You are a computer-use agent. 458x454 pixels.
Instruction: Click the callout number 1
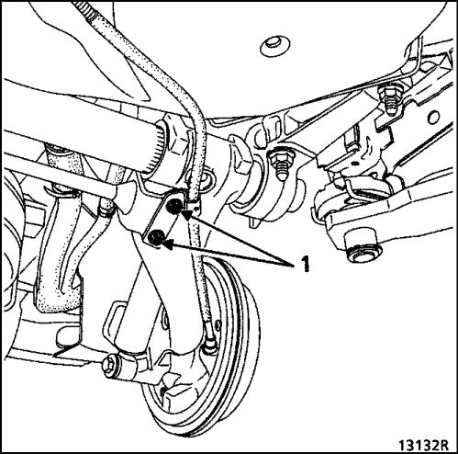306,264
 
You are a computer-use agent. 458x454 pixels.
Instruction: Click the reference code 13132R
423,444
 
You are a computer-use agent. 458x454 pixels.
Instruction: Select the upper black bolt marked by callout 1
173,207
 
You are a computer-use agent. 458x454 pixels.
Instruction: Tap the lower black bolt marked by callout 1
156,238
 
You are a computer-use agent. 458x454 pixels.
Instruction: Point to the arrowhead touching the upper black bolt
187,214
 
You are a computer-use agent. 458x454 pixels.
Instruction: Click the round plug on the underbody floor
274,47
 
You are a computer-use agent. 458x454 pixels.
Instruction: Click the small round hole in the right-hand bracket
433,118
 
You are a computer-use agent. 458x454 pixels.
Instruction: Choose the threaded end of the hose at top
84,9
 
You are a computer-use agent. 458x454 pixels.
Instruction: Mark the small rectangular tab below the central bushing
253,222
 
